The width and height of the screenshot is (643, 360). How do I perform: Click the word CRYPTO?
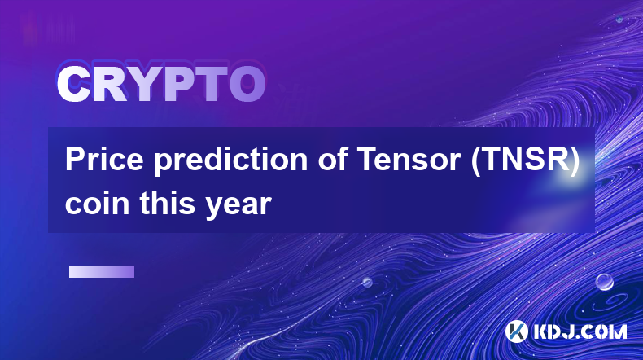[x=161, y=84]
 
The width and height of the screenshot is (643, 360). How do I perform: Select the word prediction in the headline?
[x=231, y=160]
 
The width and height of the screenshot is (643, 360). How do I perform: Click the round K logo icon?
[x=517, y=331]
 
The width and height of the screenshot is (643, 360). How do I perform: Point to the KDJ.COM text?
[x=580, y=331]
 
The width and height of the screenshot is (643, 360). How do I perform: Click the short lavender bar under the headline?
[x=102, y=272]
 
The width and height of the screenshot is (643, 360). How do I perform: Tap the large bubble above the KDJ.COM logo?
[x=604, y=282]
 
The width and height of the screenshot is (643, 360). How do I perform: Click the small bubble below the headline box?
[x=367, y=282]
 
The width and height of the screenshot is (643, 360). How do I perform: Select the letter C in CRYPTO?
[x=73, y=85]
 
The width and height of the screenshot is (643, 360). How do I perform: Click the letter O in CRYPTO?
[x=247, y=85]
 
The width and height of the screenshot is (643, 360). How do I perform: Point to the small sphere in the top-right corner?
[x=619, y=19]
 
